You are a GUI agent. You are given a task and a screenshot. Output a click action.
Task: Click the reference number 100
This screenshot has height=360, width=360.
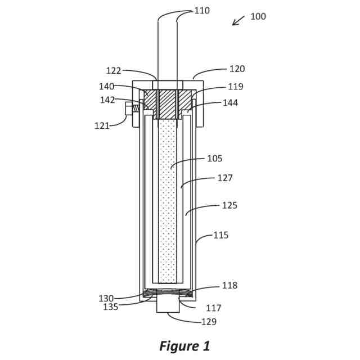[x=258, y=16]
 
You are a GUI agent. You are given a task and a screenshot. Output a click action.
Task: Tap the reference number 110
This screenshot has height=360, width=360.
[x=202, y=11]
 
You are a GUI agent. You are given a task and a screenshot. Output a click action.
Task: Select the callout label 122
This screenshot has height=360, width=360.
[x=114, y=71]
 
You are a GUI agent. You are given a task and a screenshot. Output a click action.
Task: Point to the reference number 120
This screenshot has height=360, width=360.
[x=237, y=69]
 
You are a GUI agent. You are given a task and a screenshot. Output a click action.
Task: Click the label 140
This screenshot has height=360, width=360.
[x=106, y=87]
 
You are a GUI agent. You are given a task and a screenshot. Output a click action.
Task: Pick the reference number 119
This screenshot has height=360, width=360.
[x=236, y=87]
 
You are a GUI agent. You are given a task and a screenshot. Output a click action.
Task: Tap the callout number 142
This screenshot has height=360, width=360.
[x=107, y=100]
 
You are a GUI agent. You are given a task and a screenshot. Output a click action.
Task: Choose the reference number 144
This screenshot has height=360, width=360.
[x=230, y=103]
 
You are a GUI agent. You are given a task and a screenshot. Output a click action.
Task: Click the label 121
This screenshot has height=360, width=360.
[x=102, y=126]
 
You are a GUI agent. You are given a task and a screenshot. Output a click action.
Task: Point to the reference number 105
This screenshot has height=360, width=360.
[x=215, y=159]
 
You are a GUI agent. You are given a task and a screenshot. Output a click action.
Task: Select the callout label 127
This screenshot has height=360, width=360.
[x=225, y=178]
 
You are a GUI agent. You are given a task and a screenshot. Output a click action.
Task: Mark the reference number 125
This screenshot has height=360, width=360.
[x=229, y=205]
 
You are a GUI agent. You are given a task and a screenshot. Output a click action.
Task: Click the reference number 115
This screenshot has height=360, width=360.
[x=221, y=235]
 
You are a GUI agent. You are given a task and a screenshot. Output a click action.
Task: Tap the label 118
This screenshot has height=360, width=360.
[x=229, y=285]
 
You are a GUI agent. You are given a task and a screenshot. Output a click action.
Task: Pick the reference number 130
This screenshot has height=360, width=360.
[x=106, y=299]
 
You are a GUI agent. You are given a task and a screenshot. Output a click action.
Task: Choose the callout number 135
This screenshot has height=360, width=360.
[x=110, y=307]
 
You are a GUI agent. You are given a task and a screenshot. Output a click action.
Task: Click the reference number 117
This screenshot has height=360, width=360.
[x=214, y=308]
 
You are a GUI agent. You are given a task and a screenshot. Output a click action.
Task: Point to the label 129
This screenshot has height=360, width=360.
[x=209, y=322]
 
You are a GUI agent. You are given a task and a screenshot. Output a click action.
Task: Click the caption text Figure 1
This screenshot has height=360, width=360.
[x=184, y=346]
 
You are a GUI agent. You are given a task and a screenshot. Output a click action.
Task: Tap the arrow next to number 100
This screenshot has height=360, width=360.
[x=238, y=20]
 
